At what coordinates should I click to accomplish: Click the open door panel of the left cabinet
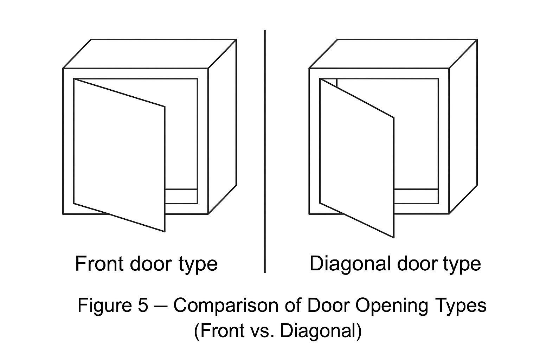(120, 155)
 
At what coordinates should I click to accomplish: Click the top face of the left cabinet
(149, 53)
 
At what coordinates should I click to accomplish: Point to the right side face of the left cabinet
(222, 127)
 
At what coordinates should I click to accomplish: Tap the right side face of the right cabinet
(463, 127)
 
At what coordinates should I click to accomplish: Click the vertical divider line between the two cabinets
(265, 151)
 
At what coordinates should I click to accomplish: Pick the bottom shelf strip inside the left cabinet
(181, 196)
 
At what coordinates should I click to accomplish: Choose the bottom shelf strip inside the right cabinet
(416, 196)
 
